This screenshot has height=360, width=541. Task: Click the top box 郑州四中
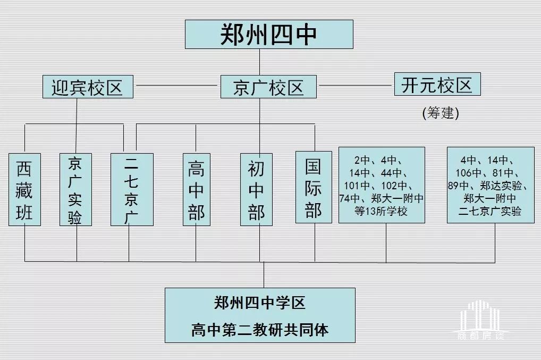(x=269, y=34)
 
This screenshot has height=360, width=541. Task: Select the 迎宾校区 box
(x=88, y=87)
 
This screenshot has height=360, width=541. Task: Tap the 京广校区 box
(x=268, y=87)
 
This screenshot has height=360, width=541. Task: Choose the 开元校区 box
(x=437, y=85)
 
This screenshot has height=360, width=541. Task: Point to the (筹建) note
(x=440, y=113)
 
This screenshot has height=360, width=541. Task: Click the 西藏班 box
(x=24, y=189)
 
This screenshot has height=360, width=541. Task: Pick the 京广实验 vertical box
(x=75, y=189)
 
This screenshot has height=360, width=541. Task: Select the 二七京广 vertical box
(x=132, y=189)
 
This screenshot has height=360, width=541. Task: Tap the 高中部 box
(x=196, y=189)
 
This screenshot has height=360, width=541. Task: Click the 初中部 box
(x=257, y=189)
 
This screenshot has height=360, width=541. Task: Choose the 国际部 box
(x=313, y=187)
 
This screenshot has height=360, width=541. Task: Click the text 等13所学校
(x=381, y=211)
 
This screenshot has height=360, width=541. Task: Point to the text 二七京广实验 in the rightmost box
(x=490, y=211)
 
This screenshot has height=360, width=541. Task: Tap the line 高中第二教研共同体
(x=259, y=330)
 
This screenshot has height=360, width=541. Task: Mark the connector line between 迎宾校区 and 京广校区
(x=176, y=85)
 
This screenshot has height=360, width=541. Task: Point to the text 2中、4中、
(x=378, y=160)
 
